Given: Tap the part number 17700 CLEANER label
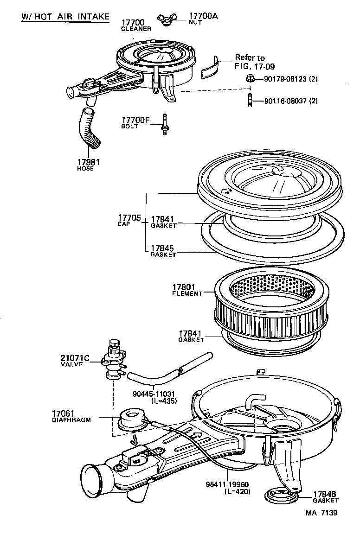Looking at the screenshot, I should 136,25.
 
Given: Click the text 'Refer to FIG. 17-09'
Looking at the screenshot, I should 251,62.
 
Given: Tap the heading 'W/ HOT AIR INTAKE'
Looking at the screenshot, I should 65,17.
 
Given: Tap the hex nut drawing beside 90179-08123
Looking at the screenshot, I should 250,79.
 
